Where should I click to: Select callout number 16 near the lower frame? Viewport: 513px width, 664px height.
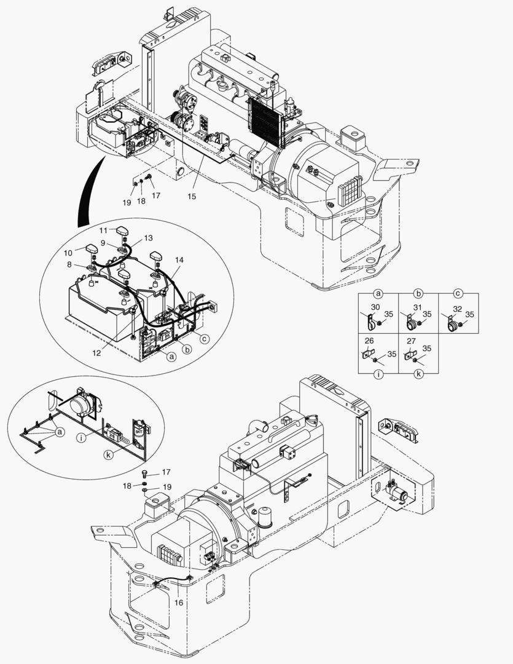178,603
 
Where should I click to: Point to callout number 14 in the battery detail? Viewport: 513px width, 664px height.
178,261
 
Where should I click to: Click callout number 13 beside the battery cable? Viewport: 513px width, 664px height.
149,238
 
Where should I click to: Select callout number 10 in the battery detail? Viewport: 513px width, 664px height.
68,253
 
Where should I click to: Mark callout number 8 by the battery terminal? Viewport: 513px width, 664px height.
69,264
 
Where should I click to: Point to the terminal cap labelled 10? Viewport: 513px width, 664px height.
93,250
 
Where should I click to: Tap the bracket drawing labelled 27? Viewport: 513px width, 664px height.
407,355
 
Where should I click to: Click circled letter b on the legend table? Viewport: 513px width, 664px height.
418,293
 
